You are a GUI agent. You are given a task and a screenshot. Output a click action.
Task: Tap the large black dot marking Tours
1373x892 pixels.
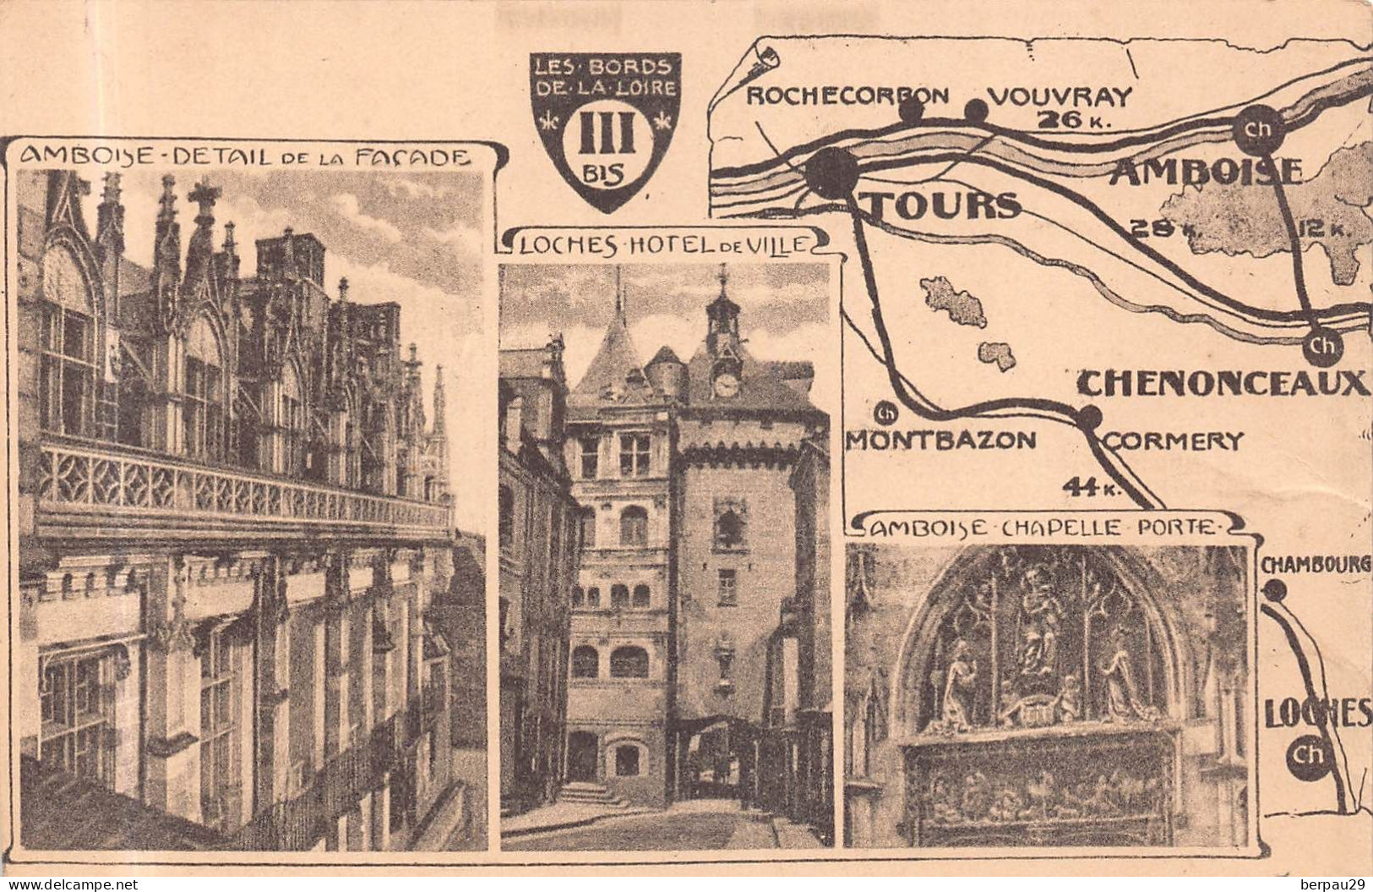click(831, 172)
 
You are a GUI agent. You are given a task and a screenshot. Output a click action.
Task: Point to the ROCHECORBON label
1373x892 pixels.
click(847, 96)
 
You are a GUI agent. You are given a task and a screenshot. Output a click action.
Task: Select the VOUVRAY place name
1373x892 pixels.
click(1059, 96)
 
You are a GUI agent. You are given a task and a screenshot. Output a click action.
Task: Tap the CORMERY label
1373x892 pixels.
click(1174, 441)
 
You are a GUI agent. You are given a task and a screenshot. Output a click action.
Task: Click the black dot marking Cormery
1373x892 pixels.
click(1090, 416)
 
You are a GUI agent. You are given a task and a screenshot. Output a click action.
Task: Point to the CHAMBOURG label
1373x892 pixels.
click(1314, 566)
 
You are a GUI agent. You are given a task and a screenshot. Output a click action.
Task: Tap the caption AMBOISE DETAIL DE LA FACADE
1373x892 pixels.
click(246, 156)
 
